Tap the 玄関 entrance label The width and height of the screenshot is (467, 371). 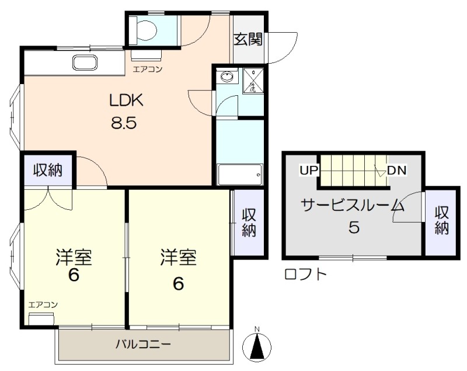point(248,39)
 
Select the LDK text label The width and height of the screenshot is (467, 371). point(127,100)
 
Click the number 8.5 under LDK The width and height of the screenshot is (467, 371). point(124,122)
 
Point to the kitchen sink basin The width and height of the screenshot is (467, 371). point(85,63)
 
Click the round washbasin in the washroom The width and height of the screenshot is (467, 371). point(227,77)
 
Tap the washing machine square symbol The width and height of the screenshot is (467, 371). point(253,81)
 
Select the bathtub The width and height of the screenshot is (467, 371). point(240,174)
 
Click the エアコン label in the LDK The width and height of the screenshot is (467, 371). point(148,70)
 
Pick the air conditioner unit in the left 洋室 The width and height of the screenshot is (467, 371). point(41,319)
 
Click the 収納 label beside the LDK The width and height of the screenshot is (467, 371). point(48,170)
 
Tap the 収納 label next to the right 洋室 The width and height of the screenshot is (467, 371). point(249,222)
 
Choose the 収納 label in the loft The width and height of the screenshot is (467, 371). point(441,220)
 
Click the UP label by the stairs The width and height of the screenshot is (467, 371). point(309,171)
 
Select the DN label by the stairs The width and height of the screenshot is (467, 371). point(397,171)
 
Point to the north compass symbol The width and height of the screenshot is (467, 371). point(257,346)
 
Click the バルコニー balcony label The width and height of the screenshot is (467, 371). point(143,345)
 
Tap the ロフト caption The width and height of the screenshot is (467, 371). point(305,275)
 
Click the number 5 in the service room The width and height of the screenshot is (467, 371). point(354,228)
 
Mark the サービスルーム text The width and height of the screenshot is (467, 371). point(353,206)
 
